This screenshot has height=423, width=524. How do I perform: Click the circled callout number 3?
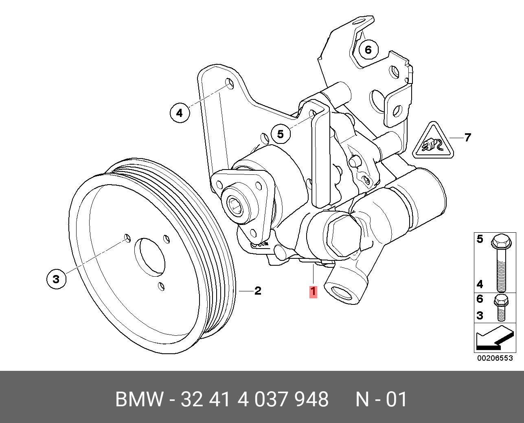point(56,279)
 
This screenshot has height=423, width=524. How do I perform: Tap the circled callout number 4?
point(180,112)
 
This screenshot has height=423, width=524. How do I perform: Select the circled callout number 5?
point(280,134)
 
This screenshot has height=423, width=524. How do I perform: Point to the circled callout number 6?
point(368,50)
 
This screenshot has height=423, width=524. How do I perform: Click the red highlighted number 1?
point(313,292)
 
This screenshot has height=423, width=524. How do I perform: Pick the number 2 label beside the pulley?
point(257,291)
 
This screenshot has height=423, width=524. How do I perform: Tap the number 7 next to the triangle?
point(467,138)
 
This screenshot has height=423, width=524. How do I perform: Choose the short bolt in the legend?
point(500,308)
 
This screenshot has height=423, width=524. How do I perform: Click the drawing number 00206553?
point(495,358)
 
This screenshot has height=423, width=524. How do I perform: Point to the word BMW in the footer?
point(139,399)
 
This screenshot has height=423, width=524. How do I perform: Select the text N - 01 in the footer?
point(381,399)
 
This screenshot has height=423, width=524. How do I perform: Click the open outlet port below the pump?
point(341,292)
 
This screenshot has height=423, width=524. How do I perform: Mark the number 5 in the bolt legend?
point(480,239)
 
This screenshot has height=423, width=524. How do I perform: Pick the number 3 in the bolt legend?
point(480,315)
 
